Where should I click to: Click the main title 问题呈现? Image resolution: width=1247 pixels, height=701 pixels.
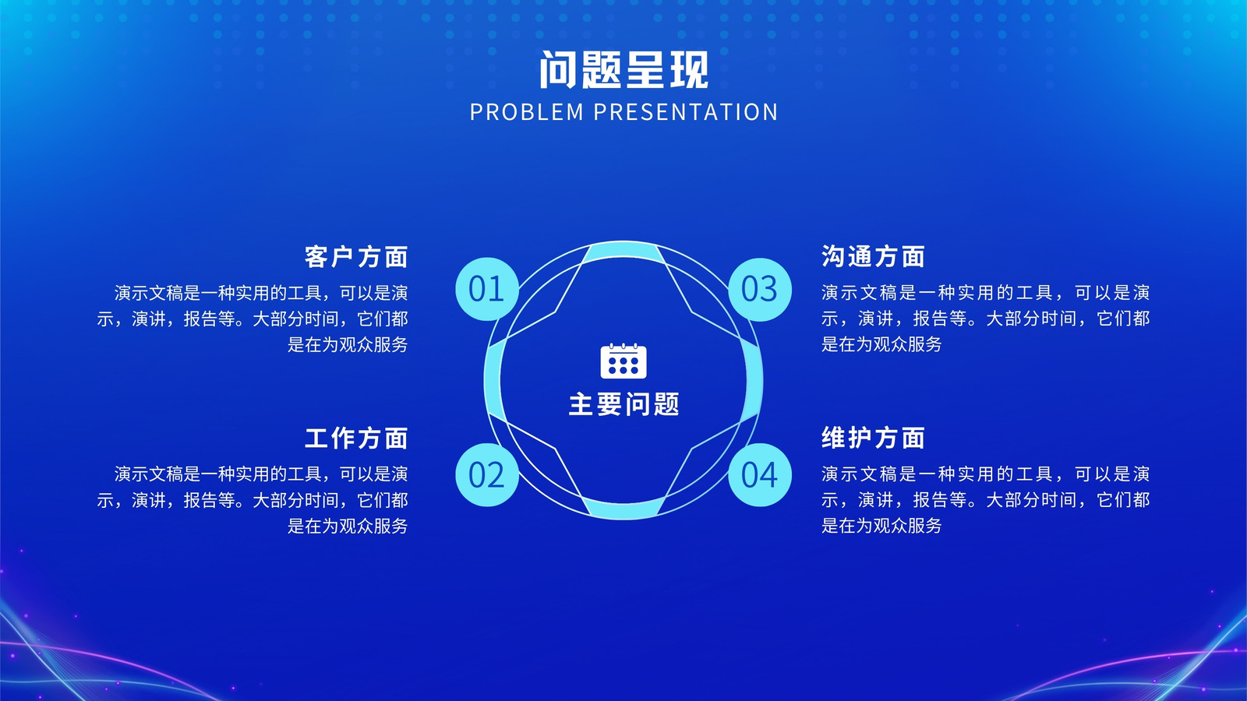[623, 69]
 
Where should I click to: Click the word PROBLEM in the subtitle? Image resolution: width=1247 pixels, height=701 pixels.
[527, 112]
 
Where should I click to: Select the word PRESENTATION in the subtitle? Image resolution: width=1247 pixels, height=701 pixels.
[685, 112]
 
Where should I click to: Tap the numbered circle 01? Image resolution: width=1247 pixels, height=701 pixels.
[487, 289]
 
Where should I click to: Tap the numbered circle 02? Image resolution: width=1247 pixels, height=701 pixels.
[487, 474]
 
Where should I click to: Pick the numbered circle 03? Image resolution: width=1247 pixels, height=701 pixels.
[760, 289]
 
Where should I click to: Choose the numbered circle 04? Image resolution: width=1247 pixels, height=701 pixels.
[760, 474]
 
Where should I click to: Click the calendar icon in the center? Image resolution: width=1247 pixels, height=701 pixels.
[623, 361]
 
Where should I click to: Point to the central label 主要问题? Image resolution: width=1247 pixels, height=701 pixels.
[623, 404]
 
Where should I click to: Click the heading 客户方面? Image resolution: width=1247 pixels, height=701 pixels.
[356, 256]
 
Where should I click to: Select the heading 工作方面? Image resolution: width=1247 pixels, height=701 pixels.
[356, 438]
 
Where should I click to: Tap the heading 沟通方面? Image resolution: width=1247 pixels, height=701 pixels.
[873, 256]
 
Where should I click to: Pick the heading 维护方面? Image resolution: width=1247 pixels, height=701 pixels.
[873, 438]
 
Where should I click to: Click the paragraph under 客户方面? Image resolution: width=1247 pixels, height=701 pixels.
[253, 319]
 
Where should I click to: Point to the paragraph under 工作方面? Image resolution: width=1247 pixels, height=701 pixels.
[253, 499]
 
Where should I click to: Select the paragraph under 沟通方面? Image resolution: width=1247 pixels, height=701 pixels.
[985, 319]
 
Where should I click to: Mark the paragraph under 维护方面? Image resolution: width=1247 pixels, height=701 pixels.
[985, 499]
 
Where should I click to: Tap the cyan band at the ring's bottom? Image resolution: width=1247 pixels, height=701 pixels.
[623, 509]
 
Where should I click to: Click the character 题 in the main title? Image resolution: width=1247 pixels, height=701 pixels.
[602, 69]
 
